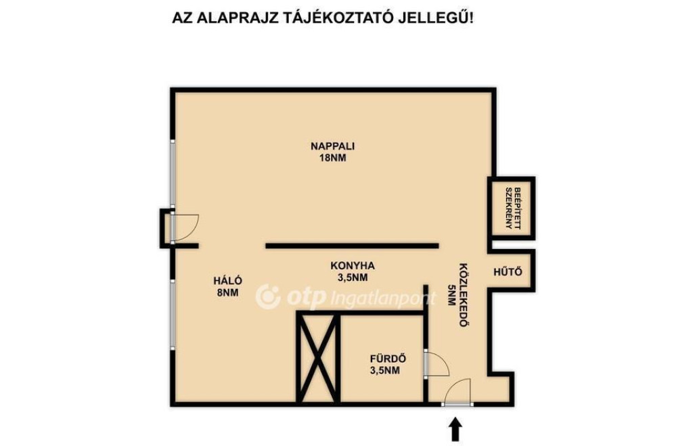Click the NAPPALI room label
[x=333, y=146]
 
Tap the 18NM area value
[x=333, y=158]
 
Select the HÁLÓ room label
[x=228, y=280]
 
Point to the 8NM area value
[x=228, y=292]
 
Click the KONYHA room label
[x=353, y=266]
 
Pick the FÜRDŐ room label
[x=388, y=359]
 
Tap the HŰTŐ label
[x=508, y=271]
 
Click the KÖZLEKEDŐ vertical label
[x=463, y=295]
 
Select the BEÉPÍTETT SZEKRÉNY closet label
[x=513, y=208]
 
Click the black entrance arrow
[x=455, y=430]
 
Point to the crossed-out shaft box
[x=318, y=357]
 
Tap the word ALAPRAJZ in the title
[x=239, y=18]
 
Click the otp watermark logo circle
[x=268, y=296]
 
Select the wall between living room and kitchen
[x=352, y=246]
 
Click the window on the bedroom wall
[x=173, y=314]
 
